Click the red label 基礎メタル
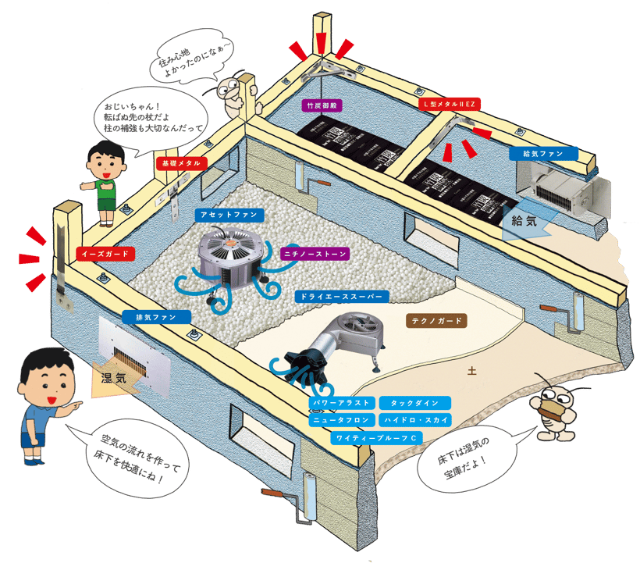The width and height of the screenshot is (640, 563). [x=182, y=164]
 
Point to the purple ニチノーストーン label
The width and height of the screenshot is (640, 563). [x=314, y=254]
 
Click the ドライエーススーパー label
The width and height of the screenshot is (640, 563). [x=340, y=297]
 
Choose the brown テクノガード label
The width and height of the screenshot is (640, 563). [x=437, y=320]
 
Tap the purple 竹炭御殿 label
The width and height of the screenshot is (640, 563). [x=322, y=105]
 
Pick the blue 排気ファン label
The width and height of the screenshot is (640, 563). [x=157, y=317]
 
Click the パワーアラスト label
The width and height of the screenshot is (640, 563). [x=337, y=403]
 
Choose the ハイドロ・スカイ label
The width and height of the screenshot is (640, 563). [x=415, y=419]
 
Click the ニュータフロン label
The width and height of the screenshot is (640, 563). [x=337, y=419]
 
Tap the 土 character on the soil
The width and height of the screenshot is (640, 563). [x=471, y=372]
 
